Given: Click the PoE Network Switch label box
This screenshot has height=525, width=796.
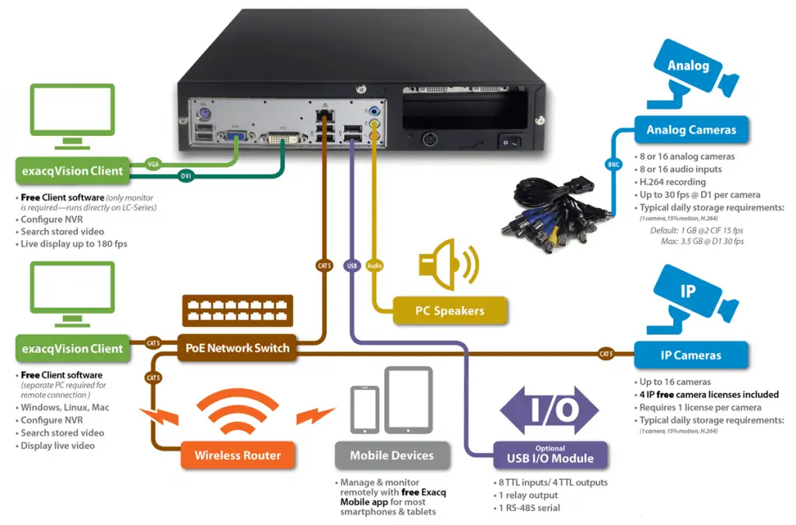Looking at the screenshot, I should pos(237,348).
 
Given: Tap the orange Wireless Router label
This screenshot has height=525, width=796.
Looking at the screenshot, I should pos(238,455).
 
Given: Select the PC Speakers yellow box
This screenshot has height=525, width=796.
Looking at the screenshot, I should pos(450,311).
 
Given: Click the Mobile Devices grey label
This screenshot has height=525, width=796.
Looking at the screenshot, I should pos(392,455).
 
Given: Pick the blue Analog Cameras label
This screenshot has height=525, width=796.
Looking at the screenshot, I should pos(691,130).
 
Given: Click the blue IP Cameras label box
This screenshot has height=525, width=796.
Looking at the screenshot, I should pos(691,355).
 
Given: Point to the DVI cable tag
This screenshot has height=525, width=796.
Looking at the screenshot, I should pos(186,176).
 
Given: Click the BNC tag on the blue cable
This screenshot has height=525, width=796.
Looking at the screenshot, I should pos(613,165).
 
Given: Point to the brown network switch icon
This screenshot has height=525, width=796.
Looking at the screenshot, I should pos(237,310).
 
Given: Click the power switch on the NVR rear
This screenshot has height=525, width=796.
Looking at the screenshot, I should pos(510,141).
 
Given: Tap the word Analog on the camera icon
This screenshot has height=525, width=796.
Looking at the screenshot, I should pos(688,65).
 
